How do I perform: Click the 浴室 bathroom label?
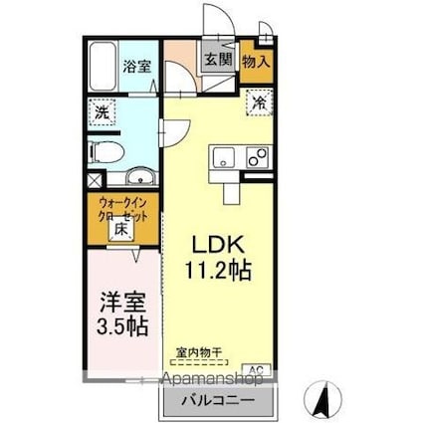135,69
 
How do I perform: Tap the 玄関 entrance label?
219,59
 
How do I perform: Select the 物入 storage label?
257,61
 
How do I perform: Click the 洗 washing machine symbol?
102,112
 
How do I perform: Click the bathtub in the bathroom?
103,67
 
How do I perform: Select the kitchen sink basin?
222,157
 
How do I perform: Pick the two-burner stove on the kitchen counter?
256,157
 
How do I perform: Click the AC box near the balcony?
256,370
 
